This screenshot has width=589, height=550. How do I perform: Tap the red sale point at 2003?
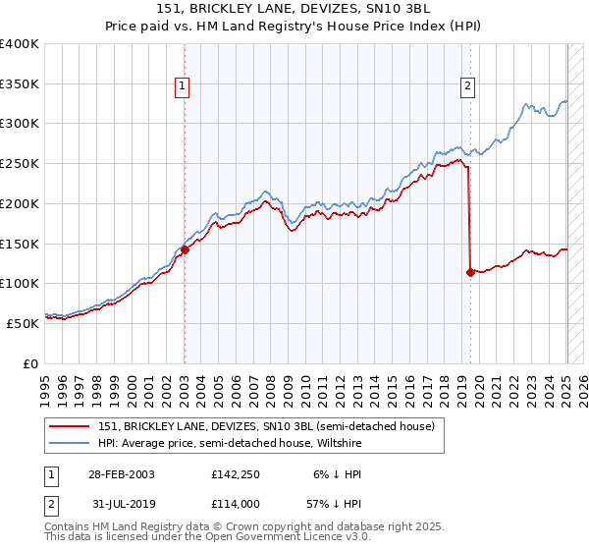[x=185, y=249]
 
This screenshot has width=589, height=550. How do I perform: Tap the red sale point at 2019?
[x=470, y=272]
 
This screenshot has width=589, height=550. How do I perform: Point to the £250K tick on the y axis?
[x=22, y=163]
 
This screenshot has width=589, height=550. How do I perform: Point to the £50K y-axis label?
[x=22, y=322]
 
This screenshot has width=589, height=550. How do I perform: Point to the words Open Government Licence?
[x=292, y=537]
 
